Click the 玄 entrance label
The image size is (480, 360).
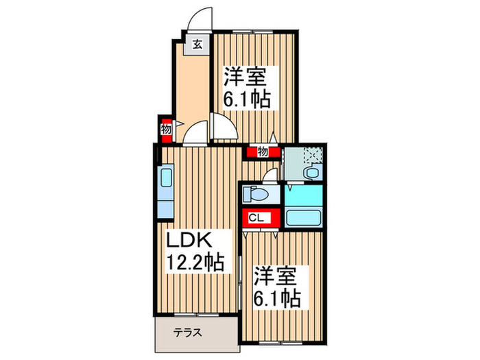tap(197, 45)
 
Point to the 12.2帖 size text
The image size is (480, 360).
tap(197, 262)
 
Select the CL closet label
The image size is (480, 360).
tap(254, 219)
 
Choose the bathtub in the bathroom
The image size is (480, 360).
tap(304, 219)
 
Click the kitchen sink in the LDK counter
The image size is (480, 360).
tap(166, 181)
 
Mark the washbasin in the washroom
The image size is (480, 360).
tap(312, 173)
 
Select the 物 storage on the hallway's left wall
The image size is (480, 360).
tap(165, 128)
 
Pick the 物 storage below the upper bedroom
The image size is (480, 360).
tap(262, 152)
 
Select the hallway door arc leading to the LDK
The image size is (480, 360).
tap(195, 132)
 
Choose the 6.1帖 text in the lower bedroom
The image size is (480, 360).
tap(278, 300)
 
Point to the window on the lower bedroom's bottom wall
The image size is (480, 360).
tap(281, 341)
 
